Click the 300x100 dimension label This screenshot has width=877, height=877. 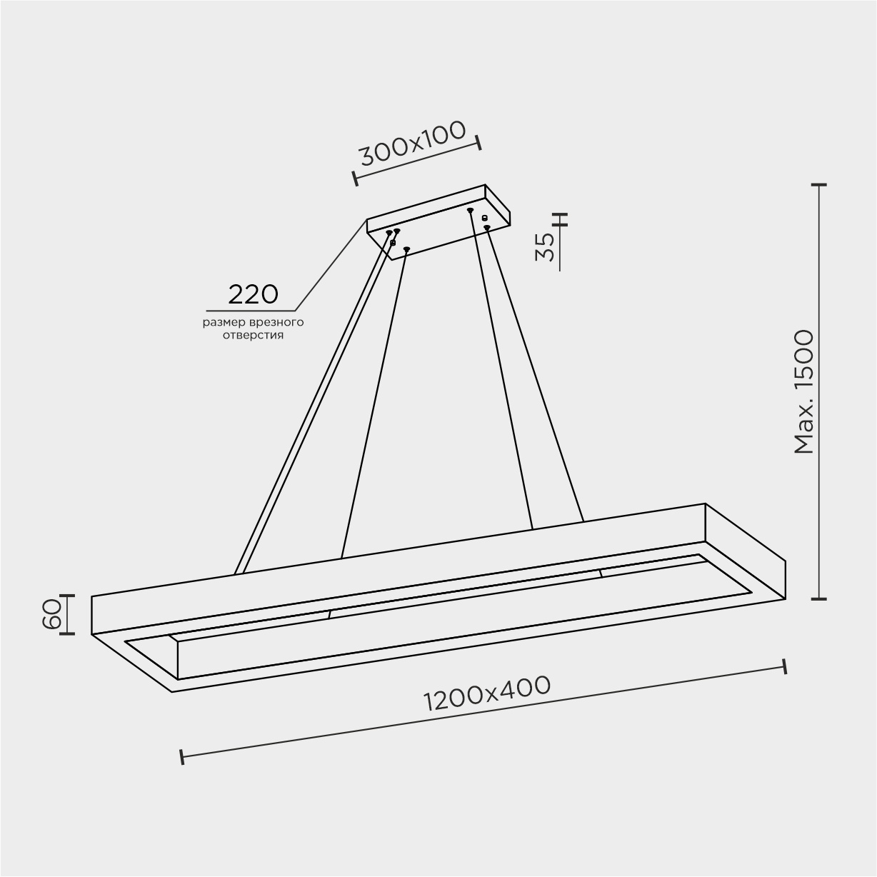coord(414,144)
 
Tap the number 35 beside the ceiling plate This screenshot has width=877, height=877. coord(546,246)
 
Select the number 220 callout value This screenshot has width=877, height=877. coord(253,294)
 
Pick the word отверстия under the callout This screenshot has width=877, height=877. coord(253,336)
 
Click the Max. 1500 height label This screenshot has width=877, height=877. coord(803,392)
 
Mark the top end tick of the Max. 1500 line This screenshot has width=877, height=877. coord(819,185)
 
